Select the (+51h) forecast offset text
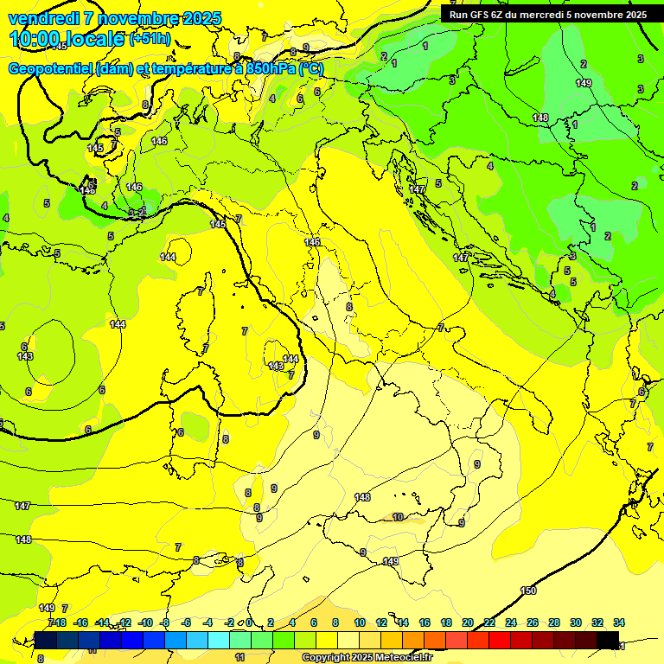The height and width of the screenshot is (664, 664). coord(149,39)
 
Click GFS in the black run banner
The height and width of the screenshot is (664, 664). coord(481,14)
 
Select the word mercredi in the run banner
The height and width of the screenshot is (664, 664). coord(537,14)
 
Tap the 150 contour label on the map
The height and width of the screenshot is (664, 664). coord(528,591)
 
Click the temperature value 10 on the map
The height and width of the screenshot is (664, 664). coord(398,517)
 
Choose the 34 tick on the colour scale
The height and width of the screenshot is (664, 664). coord(619,622)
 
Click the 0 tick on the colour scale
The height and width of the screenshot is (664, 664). coord(249,622)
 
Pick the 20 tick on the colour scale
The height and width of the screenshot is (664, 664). coord(468,622)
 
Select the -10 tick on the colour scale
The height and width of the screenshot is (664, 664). coord(145,622)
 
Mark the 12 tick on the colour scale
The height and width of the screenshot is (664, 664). coord(381,622)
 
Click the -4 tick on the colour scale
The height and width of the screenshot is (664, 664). coord(207,622)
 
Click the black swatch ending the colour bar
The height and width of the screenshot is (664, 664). coord(608,640)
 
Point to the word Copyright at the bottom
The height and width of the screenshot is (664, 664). coord(325,658)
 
